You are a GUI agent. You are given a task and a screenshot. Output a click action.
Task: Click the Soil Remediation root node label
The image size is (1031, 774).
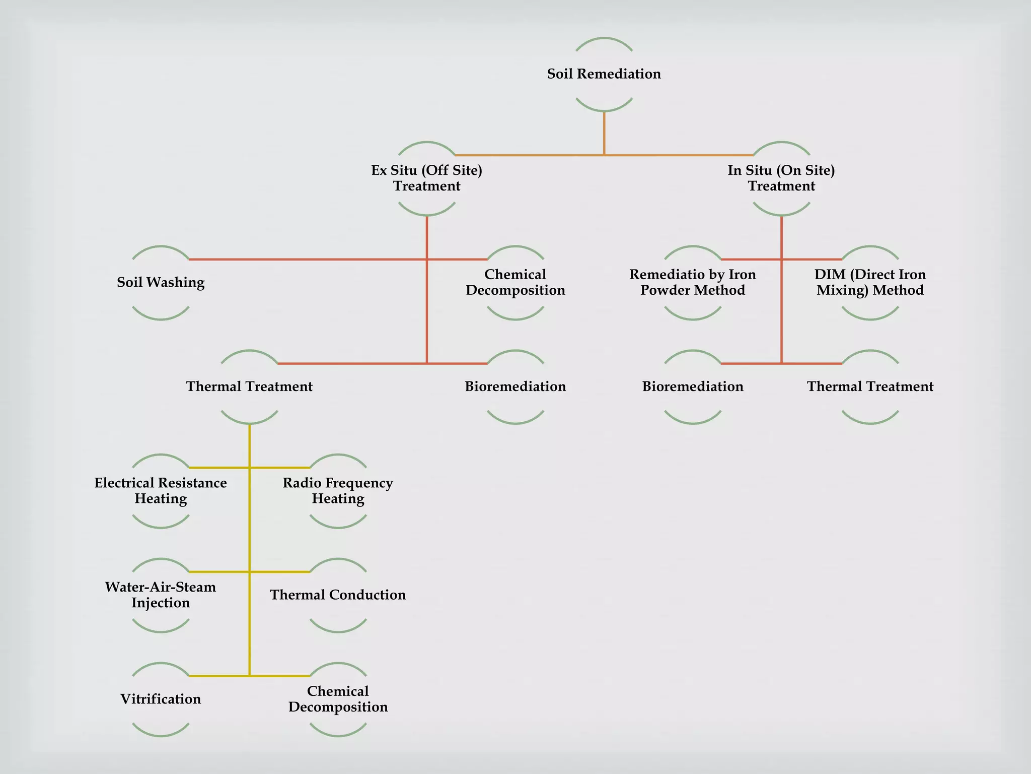(604, 74)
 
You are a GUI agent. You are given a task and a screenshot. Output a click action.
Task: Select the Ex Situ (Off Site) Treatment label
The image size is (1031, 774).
(427, 178)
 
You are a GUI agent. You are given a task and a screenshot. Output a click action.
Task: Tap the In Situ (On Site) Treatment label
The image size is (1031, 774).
(781, 178)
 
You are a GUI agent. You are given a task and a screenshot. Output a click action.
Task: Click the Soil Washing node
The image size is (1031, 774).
(161, 282)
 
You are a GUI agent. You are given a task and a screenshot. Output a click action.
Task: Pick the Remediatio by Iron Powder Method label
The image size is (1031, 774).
(693, 282)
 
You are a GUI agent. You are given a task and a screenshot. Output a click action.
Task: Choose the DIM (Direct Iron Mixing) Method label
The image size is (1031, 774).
(870, 282)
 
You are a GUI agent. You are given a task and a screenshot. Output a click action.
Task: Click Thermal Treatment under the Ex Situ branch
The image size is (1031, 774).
(249, 386)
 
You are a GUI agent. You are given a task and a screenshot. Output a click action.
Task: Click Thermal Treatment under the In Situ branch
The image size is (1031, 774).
(870, 386)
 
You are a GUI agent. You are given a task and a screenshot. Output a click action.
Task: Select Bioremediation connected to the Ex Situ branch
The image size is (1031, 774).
(515, 386)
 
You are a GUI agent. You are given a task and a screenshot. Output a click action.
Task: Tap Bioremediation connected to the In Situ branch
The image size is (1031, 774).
(693, 386)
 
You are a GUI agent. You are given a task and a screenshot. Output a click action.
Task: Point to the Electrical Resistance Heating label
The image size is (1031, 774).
(161, 491)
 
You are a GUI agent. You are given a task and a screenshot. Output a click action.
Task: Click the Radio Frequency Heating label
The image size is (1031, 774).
(338, 491)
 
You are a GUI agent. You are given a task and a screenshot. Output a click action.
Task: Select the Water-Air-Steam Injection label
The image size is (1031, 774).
(161, 595)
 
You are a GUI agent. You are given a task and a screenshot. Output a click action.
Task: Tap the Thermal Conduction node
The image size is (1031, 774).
(338, 595)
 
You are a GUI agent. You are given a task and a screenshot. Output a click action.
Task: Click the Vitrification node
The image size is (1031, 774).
(161, 699)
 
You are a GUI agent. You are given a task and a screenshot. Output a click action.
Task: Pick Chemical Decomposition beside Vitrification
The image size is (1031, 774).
(338, 699)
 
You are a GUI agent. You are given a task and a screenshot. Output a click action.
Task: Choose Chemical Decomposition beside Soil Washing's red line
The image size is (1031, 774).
(515, 282)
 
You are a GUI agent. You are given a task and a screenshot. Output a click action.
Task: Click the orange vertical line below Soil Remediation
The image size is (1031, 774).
(604, 133)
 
